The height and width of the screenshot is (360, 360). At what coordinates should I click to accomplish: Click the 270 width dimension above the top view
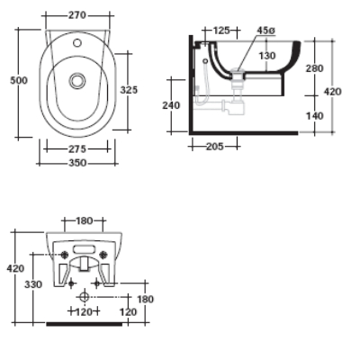click(76, 14)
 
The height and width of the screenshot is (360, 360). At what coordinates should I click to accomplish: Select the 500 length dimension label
click(18, 80)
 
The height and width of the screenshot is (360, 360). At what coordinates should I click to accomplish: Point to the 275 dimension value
click(76, 148)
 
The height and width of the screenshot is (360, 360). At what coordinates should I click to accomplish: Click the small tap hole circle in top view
click(77, 42)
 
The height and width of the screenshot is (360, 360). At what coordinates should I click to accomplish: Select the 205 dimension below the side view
click(214, 146)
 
